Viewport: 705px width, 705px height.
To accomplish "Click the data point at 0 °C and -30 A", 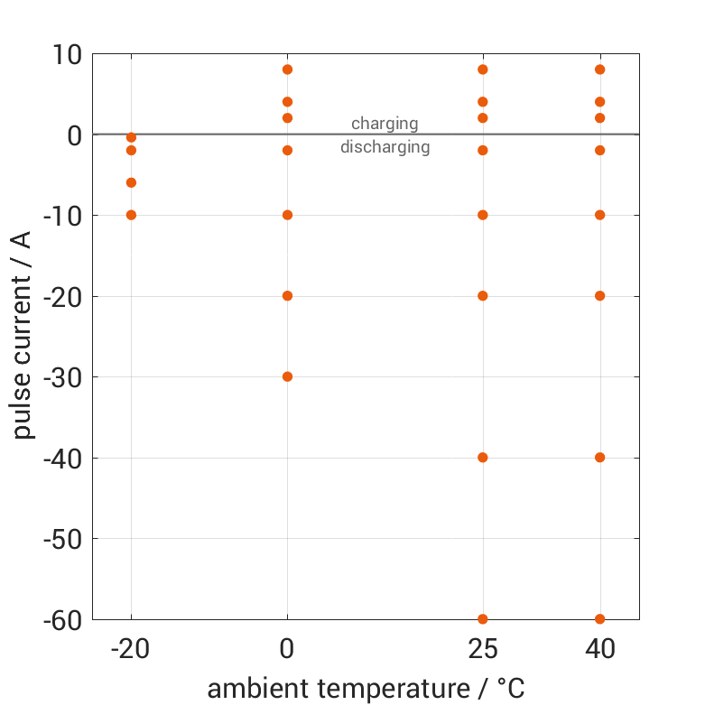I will [287, 376].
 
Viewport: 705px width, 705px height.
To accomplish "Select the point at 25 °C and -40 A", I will [483, 458].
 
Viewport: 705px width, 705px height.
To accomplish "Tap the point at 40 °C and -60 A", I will [599, 619].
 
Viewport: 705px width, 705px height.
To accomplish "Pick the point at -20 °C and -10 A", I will [131, 215].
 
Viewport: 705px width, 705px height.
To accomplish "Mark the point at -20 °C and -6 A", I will [131, 182].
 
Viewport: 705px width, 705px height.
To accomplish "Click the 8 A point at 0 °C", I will [287, 70].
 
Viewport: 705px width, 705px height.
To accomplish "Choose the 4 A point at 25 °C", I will [483, 102].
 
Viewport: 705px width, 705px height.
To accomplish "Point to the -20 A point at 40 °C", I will [599, 296].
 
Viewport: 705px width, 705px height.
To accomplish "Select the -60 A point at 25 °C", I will [483, 619].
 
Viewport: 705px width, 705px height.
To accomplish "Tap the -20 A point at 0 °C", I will [287, 296].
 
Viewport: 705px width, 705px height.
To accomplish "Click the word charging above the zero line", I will [385, 124].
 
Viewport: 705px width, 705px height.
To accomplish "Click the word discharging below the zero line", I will [385, 147].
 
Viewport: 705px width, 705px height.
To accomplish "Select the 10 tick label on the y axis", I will [66, 54].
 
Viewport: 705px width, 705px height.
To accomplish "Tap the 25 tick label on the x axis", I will [483, 650].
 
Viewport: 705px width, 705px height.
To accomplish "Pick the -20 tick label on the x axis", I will [131, 650].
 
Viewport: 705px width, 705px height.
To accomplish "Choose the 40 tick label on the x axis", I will [599, 650].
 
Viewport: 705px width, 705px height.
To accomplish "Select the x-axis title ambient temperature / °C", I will [366, 689].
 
